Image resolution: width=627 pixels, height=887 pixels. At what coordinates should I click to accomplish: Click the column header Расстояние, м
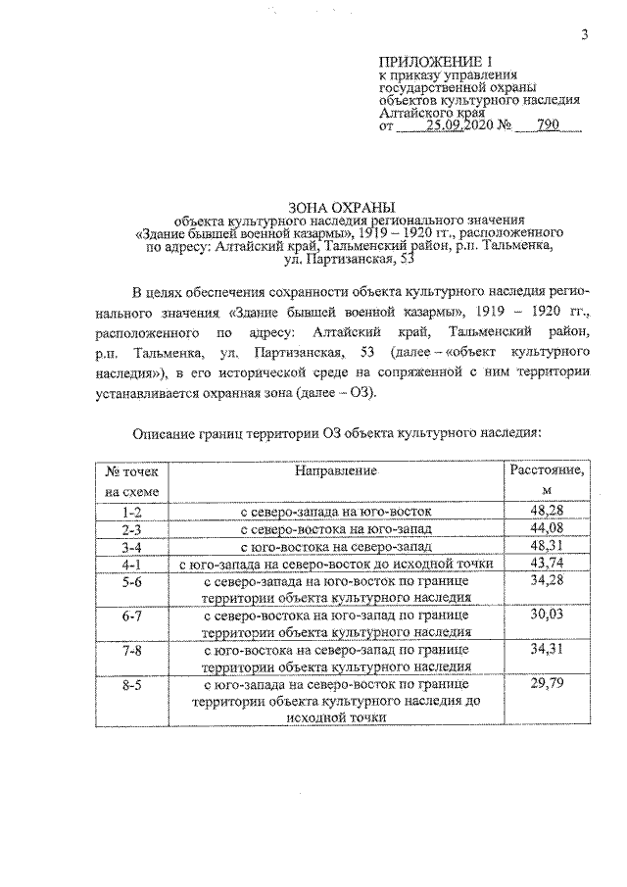tap(547, 480)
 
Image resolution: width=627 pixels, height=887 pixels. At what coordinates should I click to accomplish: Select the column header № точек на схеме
tap(124, 480)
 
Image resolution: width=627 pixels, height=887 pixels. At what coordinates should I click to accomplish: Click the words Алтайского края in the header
tap(431, 112)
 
